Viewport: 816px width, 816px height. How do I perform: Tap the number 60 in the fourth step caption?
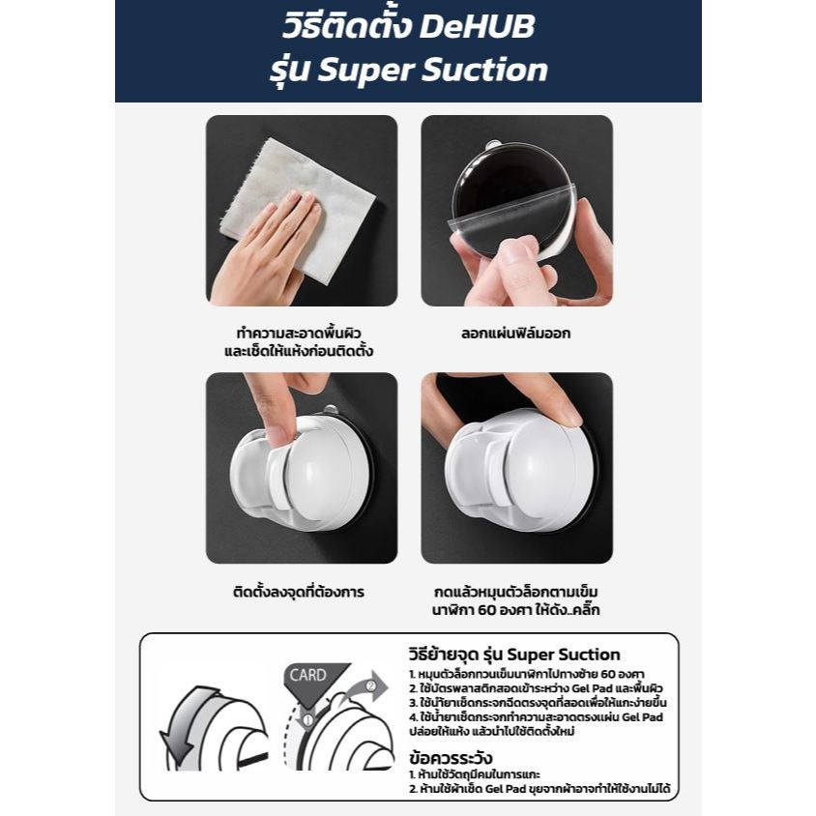[x=486, y=609]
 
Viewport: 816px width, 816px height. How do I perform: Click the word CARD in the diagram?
[x=307, y=675]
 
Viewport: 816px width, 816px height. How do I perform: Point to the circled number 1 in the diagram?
[x=307, y=720]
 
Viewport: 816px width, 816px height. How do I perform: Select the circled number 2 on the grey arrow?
[x=370, y=685]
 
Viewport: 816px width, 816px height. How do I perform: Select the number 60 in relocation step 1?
[x=608, y=675]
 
